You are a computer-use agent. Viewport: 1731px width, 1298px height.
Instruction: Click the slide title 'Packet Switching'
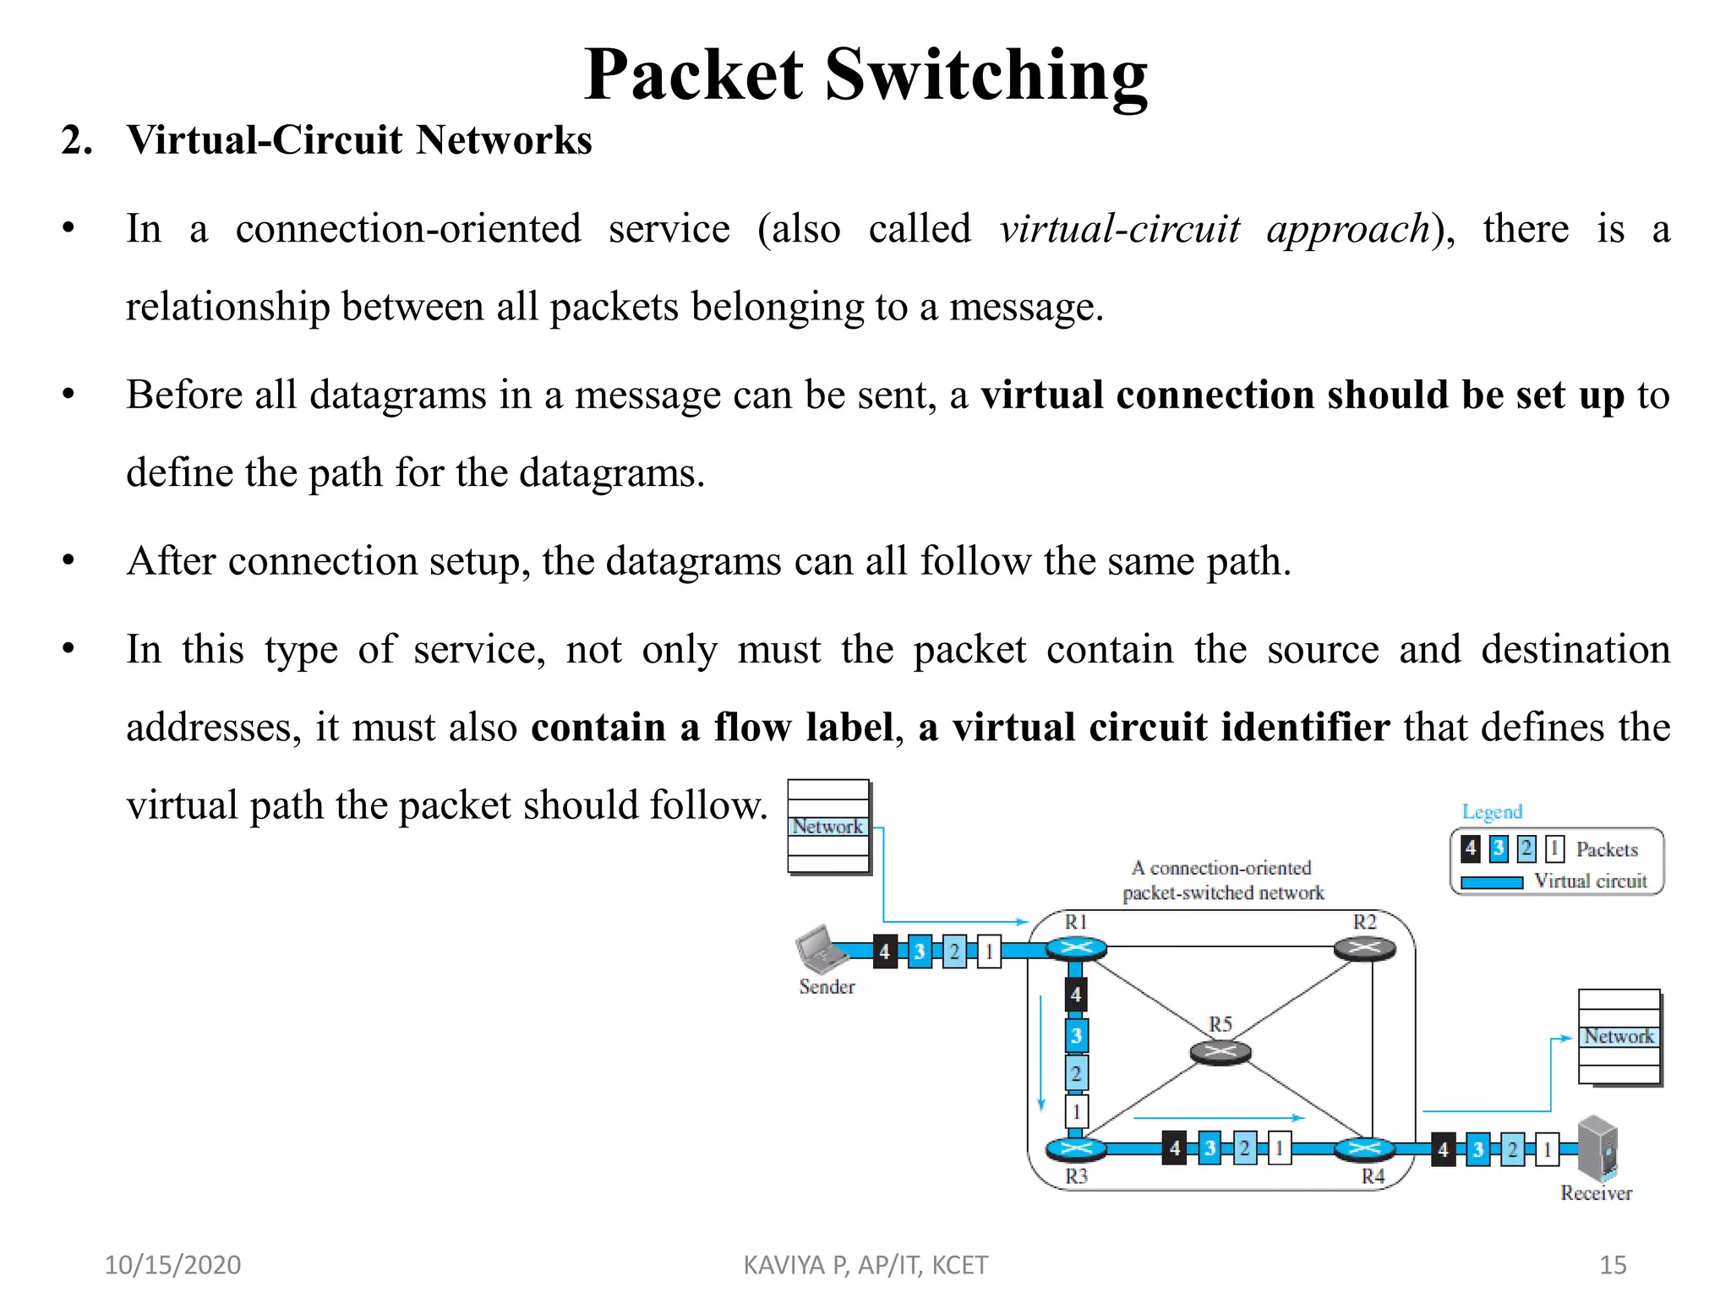(865, 75)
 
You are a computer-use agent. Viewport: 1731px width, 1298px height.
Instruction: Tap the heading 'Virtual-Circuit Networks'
(359, 140)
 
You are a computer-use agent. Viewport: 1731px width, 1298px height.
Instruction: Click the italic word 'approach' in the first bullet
(1347, 230)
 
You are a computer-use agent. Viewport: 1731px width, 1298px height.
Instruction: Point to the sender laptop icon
(819, 949)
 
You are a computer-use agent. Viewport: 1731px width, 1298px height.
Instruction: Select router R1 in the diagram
(1076, 949)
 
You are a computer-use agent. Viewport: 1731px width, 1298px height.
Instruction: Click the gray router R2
(1364, 949)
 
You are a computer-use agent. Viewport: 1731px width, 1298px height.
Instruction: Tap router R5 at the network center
(1220, 1052)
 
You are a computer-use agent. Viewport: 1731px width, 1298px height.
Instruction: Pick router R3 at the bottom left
(1075, 1148)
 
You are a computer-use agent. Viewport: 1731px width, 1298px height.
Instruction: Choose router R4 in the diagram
(1363, 1148)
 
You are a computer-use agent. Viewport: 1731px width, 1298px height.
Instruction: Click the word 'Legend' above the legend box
(1492, 812)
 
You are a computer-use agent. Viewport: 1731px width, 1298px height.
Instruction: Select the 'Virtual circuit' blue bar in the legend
(1492, 882)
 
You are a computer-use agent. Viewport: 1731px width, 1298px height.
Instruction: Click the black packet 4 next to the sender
(884, 952)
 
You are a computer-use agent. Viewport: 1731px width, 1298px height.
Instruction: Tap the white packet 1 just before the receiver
(1547, 1150)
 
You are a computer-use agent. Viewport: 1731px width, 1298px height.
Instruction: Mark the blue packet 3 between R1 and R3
(1076, 1036)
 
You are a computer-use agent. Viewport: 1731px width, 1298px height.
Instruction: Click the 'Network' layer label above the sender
(827, 826)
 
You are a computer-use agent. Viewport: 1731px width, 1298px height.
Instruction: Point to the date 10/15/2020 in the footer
(172, 1265)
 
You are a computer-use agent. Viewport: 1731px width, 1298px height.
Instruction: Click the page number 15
(1613, 1265)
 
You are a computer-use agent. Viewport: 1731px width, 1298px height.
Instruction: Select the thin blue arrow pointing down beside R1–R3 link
(1041, 1052)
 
